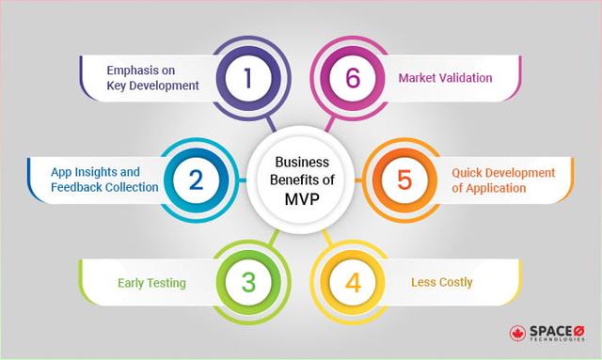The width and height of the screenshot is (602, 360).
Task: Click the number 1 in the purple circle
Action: click(x=248, y=78)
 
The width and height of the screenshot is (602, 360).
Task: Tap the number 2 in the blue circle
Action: click(x=196, y=179)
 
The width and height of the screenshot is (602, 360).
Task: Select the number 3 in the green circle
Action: click(x=248, y=282)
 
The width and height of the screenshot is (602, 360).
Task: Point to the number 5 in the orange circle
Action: click(x=404, y=179)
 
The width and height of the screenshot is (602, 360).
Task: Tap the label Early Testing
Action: click(x=150, y=282)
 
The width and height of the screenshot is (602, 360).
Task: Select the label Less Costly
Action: click(x=442, y=282)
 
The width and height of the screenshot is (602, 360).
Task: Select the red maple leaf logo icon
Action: click(x=516, y=334)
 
